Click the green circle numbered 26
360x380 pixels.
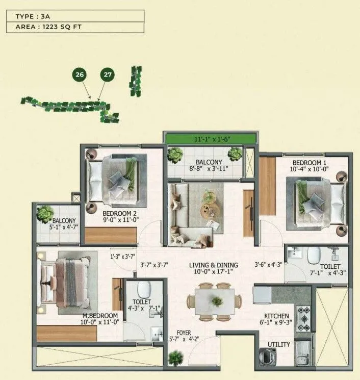click(79, 74)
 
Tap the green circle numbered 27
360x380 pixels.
click(107, 74)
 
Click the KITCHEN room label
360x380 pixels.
click(276, 316)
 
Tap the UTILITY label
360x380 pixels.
click(279, 345)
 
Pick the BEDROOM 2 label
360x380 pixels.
click(119, 213)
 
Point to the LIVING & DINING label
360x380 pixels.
click(214, 265)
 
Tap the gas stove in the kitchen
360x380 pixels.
click(303, 319)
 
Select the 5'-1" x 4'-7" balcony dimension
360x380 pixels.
click(58, 227)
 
